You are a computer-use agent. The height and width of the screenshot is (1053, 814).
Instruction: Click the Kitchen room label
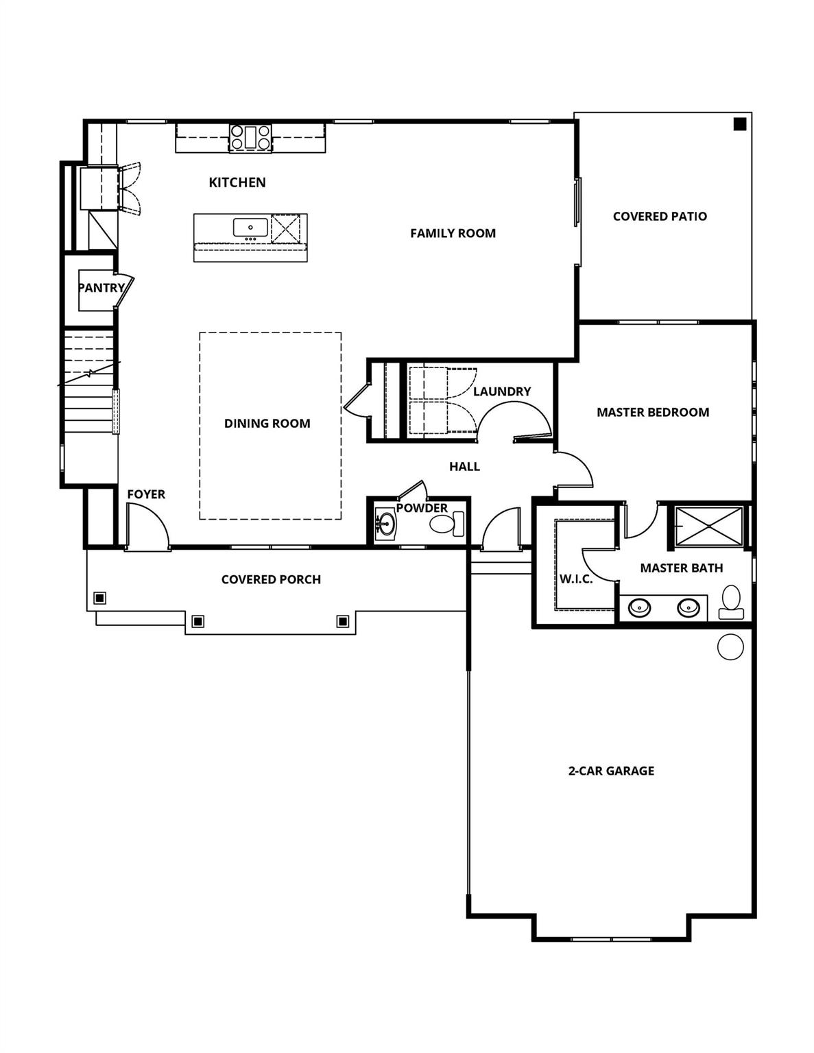237,182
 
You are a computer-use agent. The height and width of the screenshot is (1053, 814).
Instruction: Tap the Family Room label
453,233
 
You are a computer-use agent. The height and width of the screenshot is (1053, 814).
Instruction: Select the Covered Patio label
660,216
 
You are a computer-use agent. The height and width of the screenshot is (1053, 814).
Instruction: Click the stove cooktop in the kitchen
250,137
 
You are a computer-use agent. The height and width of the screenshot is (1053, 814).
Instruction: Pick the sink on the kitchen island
250,227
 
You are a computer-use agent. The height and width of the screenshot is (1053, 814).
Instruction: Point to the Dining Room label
267,424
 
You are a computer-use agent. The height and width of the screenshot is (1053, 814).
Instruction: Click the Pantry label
101,288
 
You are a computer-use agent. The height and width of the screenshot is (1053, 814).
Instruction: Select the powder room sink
385,525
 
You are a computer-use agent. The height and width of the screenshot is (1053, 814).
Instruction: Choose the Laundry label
502,391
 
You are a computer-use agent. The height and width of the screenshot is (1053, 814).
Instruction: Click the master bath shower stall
708,526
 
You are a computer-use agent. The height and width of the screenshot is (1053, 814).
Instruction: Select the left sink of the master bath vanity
640,607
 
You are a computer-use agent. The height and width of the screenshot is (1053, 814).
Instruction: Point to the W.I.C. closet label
575,579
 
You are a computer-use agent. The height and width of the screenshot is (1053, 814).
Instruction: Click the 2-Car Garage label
611,771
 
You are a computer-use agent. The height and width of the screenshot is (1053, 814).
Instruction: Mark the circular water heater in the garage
730,646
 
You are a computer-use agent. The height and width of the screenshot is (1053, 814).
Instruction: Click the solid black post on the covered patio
739,124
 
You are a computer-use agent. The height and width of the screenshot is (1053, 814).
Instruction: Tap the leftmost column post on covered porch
100,598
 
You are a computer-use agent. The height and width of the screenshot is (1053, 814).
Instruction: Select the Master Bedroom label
652,412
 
